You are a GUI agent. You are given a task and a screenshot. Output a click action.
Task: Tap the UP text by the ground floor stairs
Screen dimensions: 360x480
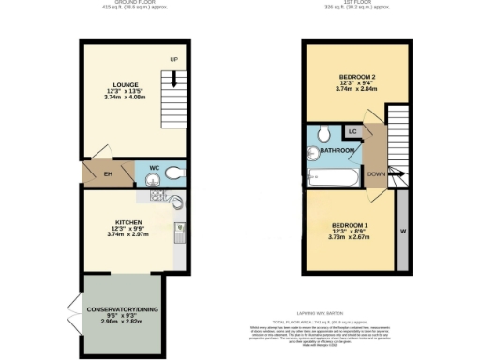point(174,61)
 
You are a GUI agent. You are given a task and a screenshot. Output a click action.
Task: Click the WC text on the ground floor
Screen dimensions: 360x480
point(155,168)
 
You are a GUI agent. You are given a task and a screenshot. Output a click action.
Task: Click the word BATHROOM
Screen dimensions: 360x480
point(337,150)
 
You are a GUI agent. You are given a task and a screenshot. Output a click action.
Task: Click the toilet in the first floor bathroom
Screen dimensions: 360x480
point(322,132)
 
